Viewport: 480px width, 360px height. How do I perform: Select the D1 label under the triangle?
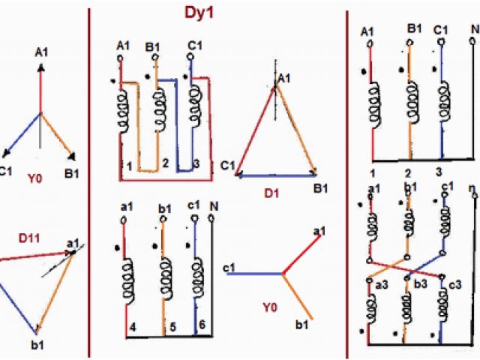(272, 193)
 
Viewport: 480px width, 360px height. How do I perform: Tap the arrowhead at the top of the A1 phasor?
(41, 68)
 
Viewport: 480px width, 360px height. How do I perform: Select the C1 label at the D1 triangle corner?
(228, 164)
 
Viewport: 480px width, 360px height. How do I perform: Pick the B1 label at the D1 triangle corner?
(320, 187)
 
